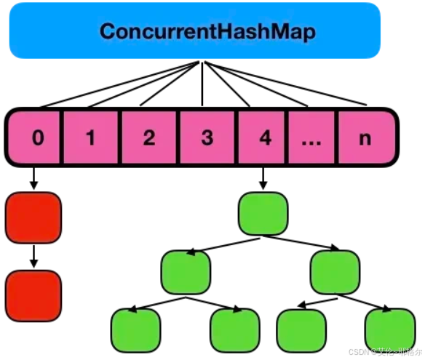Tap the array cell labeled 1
point(91,137)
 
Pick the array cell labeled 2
point(149,137)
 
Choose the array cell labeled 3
point(207,137)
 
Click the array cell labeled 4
point(265,137)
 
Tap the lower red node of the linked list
point(33,296)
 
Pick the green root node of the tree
point(263,212)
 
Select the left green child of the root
point(186,271)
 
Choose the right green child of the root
point(335,271)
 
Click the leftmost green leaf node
point(136,329)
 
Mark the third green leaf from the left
point(301,329)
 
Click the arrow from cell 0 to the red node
point(33,178)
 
